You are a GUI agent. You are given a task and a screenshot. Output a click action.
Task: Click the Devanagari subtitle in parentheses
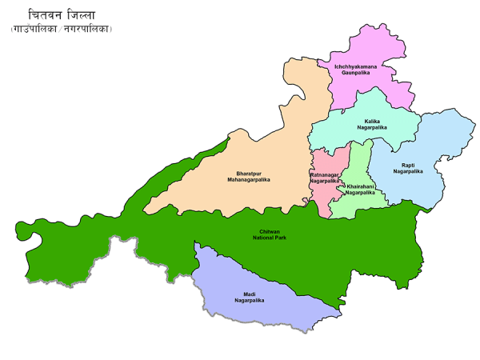pos(62,30)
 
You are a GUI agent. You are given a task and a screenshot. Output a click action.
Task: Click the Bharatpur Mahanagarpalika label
pos(248,176)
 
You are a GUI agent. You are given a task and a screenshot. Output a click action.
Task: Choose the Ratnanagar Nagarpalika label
pos(325,178)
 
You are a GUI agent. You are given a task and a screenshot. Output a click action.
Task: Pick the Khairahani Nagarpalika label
pos(360,189)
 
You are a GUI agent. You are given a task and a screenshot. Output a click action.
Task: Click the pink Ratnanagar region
pos(324,196)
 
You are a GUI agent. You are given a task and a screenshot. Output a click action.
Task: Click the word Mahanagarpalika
pos(248,180)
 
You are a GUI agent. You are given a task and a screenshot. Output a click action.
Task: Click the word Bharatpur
pos(248,173)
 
